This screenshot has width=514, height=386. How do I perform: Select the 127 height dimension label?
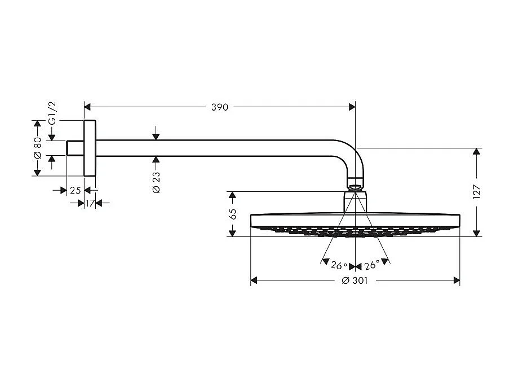click(x=477, y=192)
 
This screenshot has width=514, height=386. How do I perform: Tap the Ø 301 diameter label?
click(x=355, y=281)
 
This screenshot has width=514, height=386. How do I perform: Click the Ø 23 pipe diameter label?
click(x=156, y=183)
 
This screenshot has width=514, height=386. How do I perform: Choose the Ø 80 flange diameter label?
click(x=38, y=148)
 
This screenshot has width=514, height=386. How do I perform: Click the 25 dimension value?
click(x=75, y=191)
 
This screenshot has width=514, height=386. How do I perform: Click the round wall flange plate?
click(x=90, y=148)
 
